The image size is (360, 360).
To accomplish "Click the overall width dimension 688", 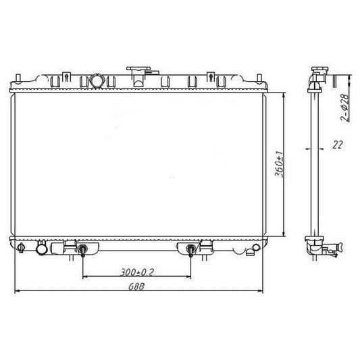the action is [x=136, y=286].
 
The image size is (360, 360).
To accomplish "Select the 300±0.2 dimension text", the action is [x=137, y=272].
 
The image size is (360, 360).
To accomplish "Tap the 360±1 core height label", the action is [x=279, y=164].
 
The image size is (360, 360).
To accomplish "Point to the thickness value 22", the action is [x=337, y=145].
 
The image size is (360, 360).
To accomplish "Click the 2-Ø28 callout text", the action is [x=344, y=107].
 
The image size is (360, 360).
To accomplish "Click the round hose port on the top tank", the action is [x=97, y=80].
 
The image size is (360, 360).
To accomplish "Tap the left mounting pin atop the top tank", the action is [x=18, y=78].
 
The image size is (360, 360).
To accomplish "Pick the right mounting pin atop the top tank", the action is [x=259, y=78].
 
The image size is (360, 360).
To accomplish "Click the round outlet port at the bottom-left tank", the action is [x=42, y=249].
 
